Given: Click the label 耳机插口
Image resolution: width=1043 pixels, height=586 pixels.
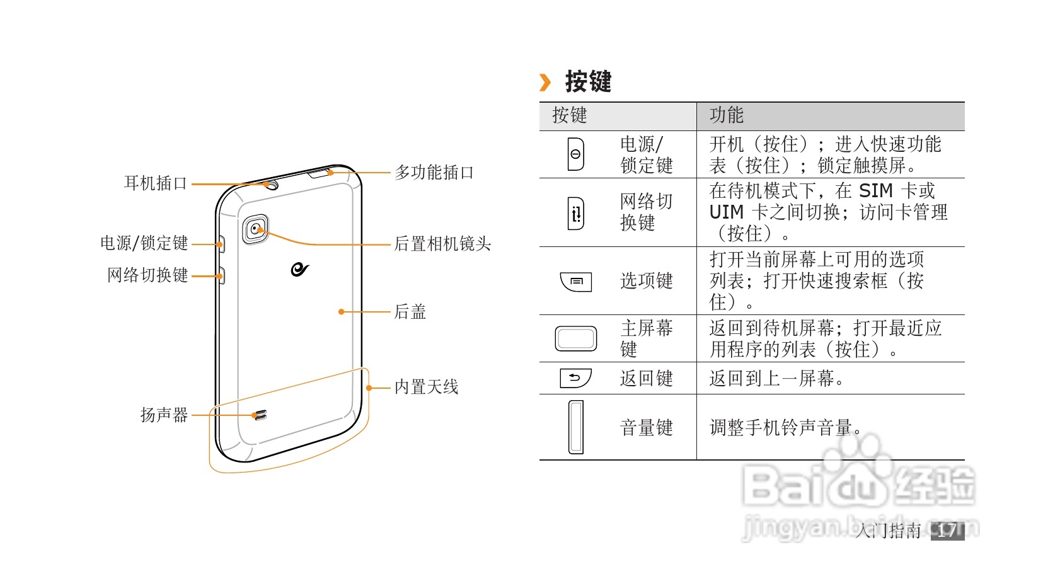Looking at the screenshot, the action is pyautogui.click(x=156, y=183).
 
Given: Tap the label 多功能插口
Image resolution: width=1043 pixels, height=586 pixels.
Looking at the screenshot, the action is pyautogui.click(x=434, y=172).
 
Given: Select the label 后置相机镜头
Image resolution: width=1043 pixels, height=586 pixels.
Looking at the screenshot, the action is pyautogui.click(x=442, y=244).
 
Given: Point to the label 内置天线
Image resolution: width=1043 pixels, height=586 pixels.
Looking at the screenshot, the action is pyautogui.click(x=426, y=387).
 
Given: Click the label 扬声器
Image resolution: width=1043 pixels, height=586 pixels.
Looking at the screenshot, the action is pyautogui.click(x=164, y=415).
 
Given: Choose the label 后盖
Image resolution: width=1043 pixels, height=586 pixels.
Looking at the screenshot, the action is pyautogui.click(x=410, y=311).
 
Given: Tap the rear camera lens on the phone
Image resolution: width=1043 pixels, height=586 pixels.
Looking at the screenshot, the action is pyautogui.click(x=255, y=229).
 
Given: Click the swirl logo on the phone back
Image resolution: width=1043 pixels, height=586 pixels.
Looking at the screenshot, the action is pyautogui.click(x=299, y=269).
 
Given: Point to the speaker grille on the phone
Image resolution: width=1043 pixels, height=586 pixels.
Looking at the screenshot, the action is pyautogui.click(x=258, y=416).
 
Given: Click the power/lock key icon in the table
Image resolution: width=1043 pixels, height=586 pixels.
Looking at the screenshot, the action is pyautogui.click(x=575, y=154).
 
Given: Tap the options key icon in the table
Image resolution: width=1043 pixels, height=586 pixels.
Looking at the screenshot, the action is pyautogui.click(x=576, y=281).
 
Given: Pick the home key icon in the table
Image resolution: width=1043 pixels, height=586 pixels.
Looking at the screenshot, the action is pyautogui.click(x=575, y=338).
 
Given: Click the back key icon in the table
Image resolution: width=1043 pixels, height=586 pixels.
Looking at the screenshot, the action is pyautogui.click(x=575, y=378).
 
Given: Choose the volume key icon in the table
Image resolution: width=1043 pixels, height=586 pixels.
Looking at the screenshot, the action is pyautogui.click(x=575, y=427).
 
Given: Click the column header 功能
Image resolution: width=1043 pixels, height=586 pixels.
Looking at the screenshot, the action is pyautogui.click(x=726, y=115).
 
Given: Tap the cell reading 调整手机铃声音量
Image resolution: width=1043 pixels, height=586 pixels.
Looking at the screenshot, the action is pyautogui.click(x=785, y=428).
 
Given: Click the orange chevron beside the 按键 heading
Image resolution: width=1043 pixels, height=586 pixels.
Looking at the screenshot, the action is pyautogui.click(x=545, y=82).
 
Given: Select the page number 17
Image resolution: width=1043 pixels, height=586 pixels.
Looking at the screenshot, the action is pyautogui.click(x=947, y=531).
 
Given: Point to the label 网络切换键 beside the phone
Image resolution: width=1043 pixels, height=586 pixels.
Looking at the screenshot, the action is pyautogui.click(x=147, y=275).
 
